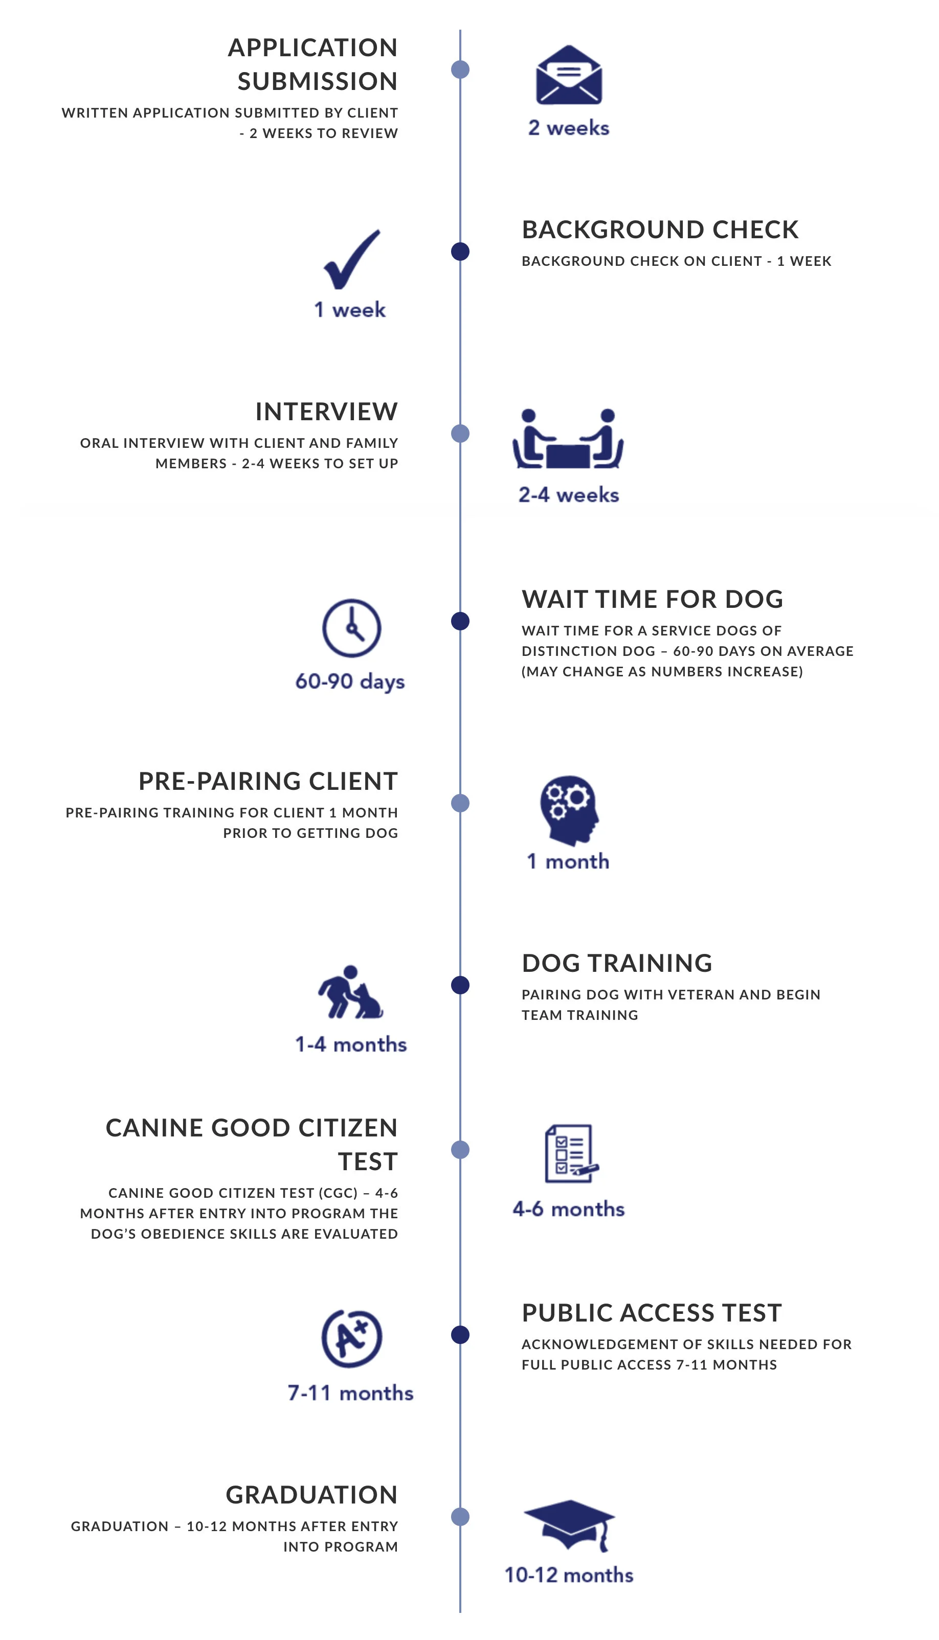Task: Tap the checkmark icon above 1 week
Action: click(x=351, y=260)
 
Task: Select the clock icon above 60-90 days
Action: click(x=351, y=628)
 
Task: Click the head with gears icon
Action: click(x=568, y=810)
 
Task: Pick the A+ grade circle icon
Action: click(x=351, y=1338)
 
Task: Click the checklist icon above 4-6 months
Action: click(x=570, y=1153)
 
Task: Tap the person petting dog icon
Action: click(x=350, y=993)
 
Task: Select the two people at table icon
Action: click(x=568, y=439)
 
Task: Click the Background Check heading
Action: click(x=660, y=230)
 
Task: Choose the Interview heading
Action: click(x=326, y=412)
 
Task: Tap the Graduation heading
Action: click(x=311, y=1494)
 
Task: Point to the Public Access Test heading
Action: click(x=652, y=1312)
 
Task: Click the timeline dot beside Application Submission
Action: click(x=460, y=70)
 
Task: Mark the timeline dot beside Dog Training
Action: click(x=460, y=985)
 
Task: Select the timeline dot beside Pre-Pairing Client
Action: click(x=460, y=803)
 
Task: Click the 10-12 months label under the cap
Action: click(x=569, y=1575)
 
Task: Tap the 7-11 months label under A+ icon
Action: click(x=350, y=1393)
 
